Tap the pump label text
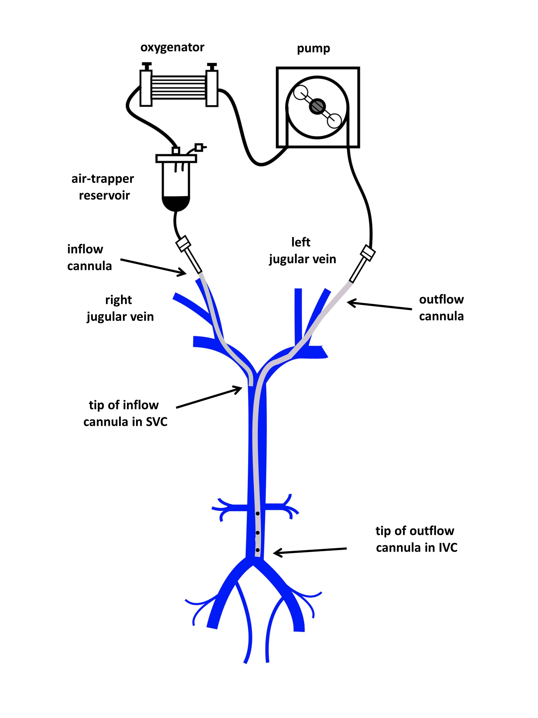[313, 49]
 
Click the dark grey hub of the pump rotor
[318, 106]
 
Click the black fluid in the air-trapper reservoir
[176, 203]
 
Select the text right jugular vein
[120, 308]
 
